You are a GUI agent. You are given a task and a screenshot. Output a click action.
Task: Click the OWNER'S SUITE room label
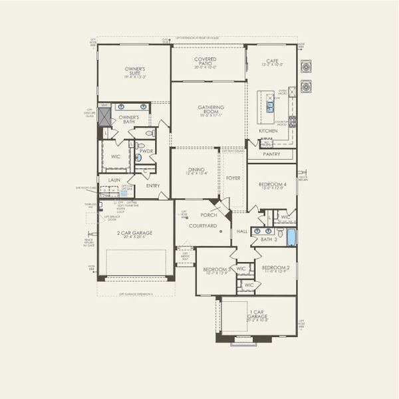(x=135, y=69)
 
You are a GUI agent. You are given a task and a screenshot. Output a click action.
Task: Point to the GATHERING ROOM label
(x=210, y=108)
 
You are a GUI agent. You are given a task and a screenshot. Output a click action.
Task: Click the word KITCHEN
(x=268, y=131)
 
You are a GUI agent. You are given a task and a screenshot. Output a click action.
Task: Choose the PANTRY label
(x=271, y=154)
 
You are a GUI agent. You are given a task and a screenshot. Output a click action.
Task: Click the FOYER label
(x=233, y=178)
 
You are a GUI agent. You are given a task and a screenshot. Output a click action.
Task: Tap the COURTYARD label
(x=203, y=226)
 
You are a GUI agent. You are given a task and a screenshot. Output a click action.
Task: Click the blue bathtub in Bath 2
(x=291, y=236)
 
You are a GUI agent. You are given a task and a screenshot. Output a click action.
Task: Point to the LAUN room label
(x=113, y=179)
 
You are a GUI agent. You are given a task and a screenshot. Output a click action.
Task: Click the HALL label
(x=242, y=231)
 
